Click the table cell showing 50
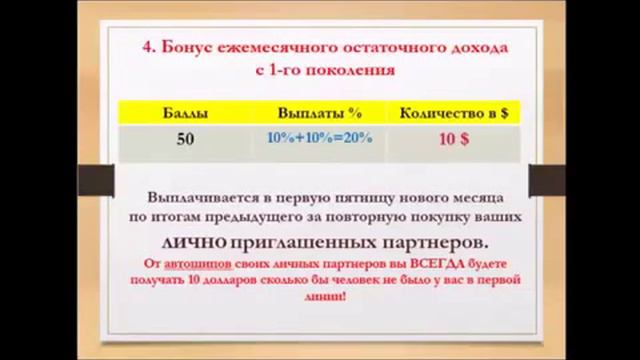pyautogui.click(x=185, y=140)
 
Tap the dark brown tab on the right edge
pyautogui.click(x=540, y=178)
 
